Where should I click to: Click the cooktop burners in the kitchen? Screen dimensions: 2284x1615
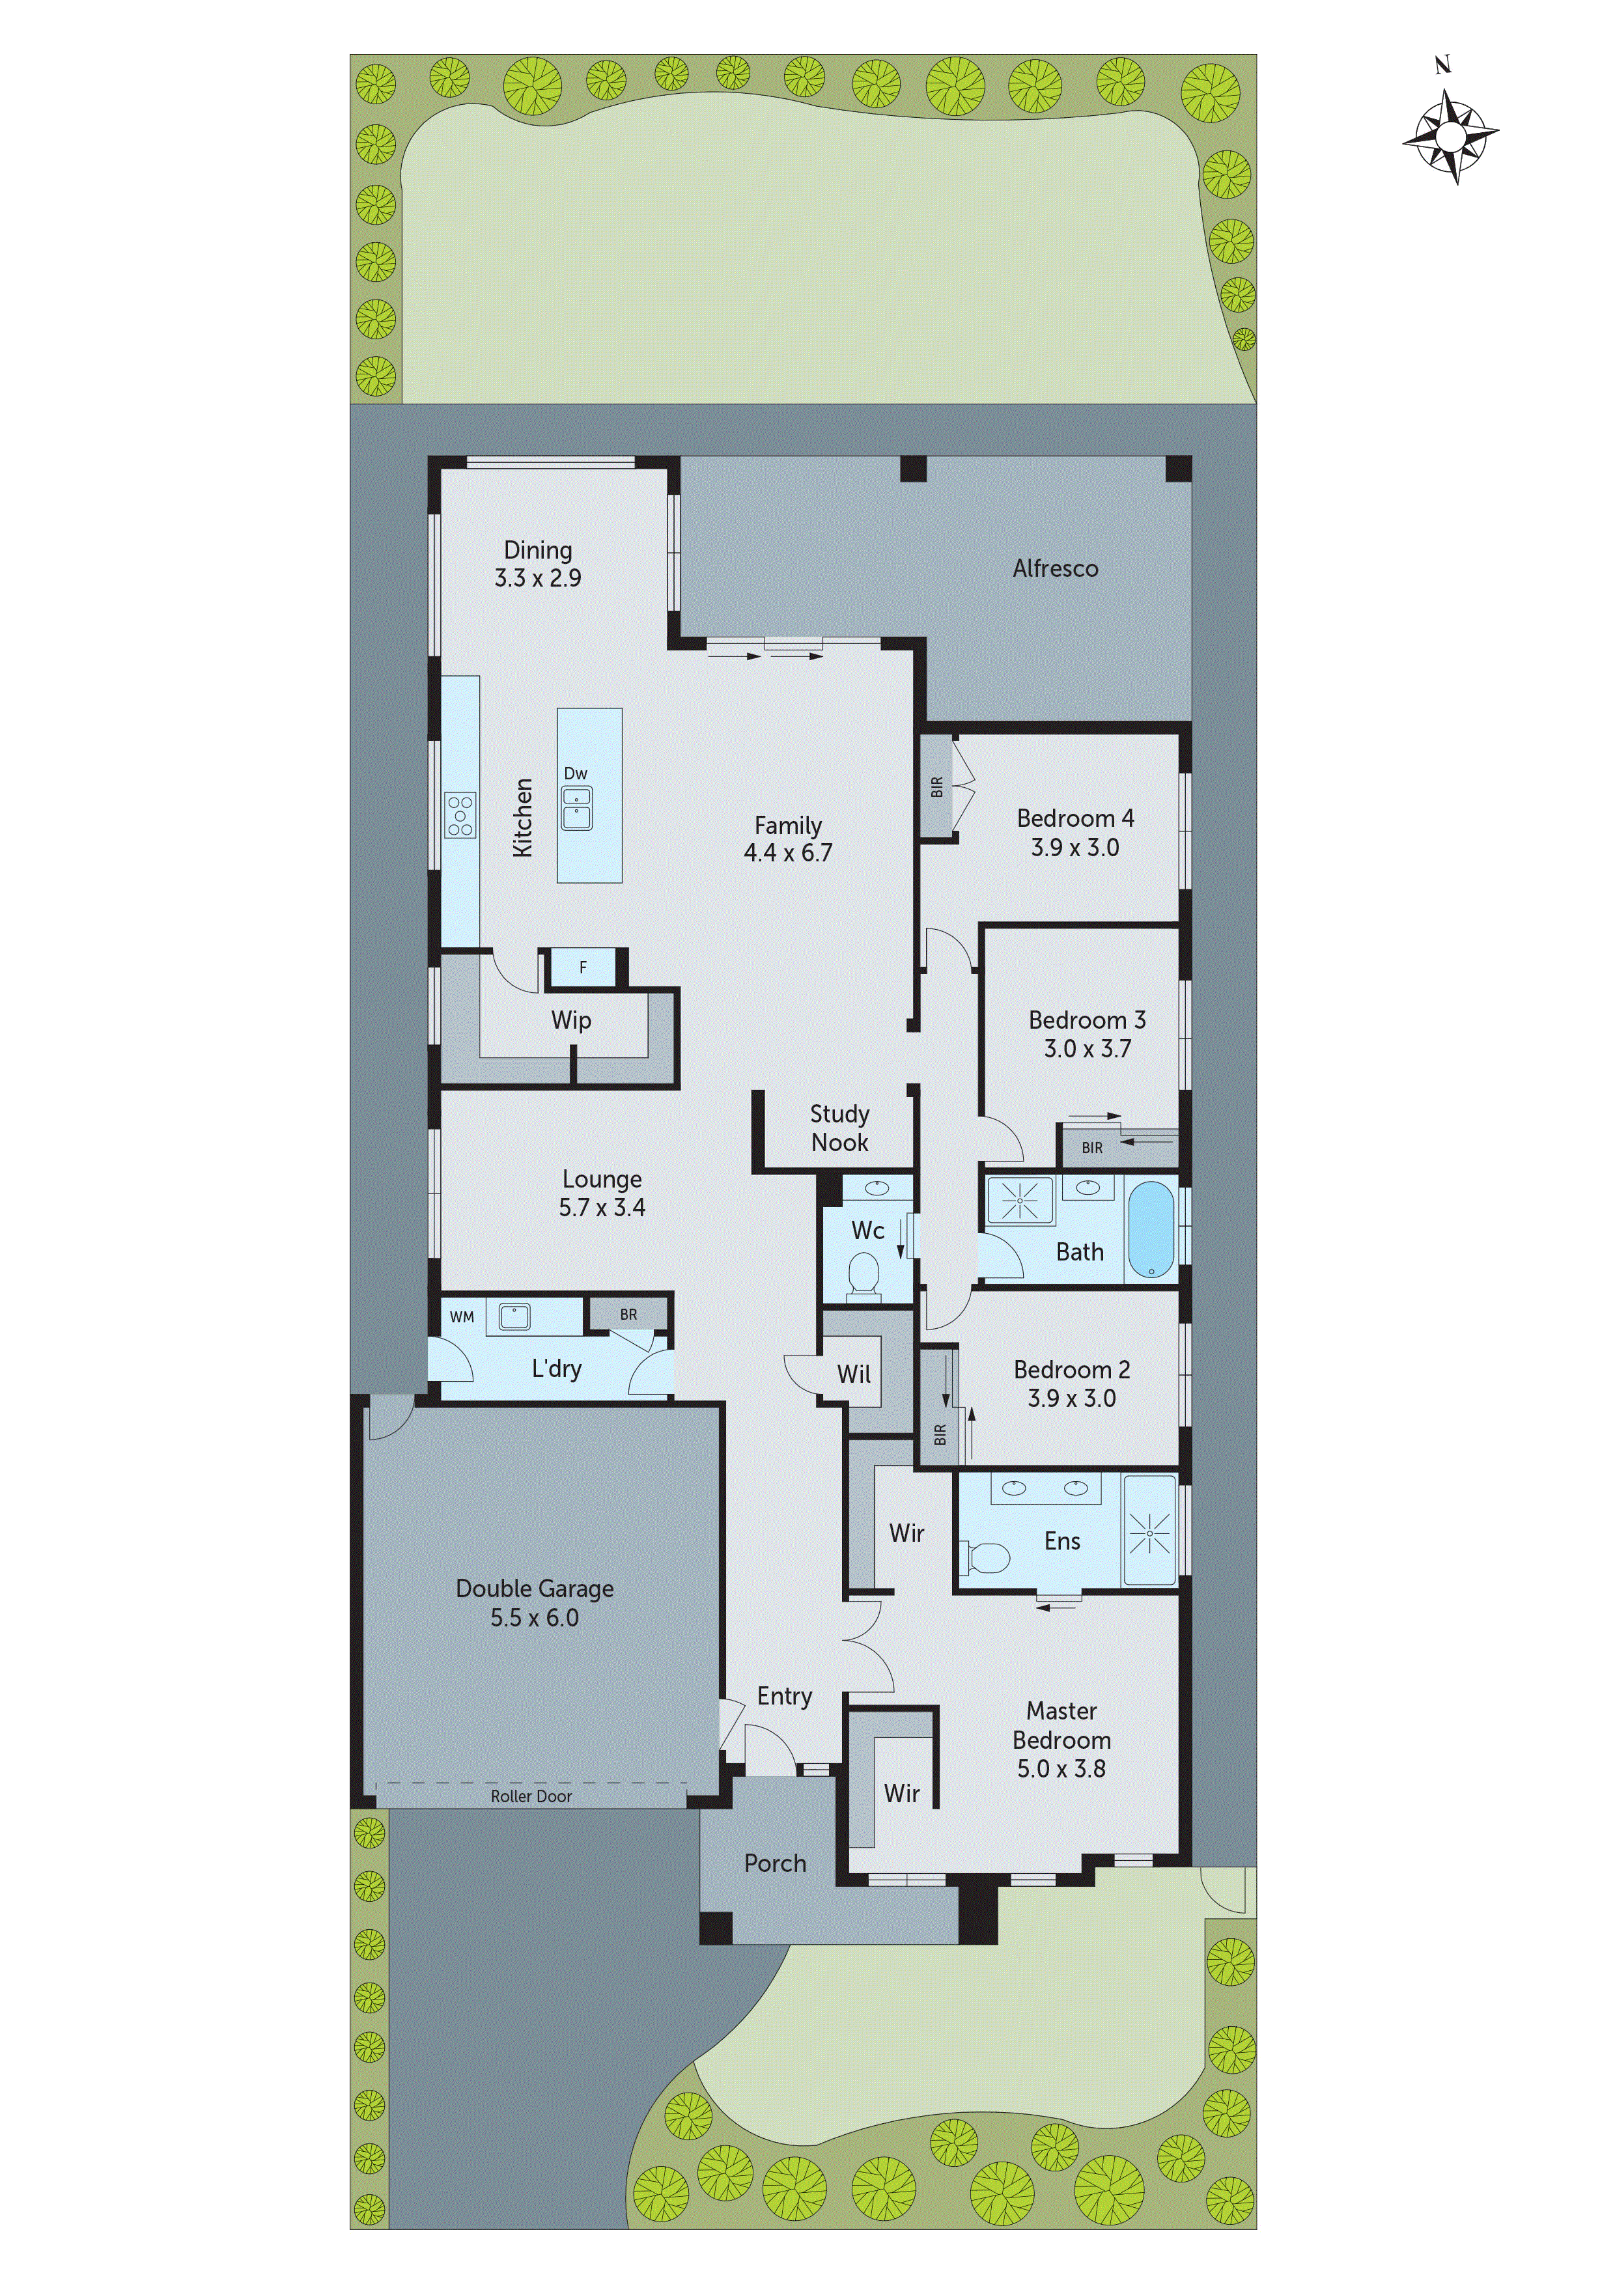(460, 815)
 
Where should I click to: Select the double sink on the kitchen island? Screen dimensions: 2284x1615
(576, 808)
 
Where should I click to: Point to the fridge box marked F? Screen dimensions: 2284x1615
(583, 967)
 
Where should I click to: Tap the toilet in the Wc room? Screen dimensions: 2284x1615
(863, 1276)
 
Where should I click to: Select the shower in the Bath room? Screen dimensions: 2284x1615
(1020, 1201)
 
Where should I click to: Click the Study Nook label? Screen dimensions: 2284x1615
(839, 1128)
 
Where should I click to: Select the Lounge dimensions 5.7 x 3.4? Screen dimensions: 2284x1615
(601, 1208)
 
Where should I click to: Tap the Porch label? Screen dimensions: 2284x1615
(775, 1863)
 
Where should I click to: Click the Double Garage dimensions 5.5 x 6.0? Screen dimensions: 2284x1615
(535, 1619)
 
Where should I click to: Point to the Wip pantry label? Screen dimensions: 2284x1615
(571, 1020)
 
